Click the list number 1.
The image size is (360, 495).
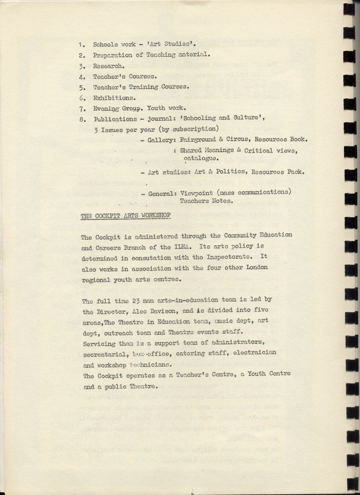[81, 44]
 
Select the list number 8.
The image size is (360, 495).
[82, 119]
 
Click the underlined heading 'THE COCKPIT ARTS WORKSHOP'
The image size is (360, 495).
[125, 215]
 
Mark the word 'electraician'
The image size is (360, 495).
[255, 354]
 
